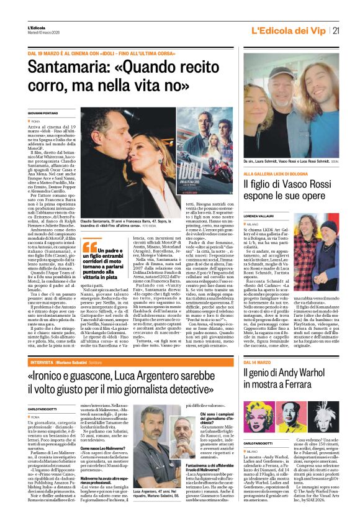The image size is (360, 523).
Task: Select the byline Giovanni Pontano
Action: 42,112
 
